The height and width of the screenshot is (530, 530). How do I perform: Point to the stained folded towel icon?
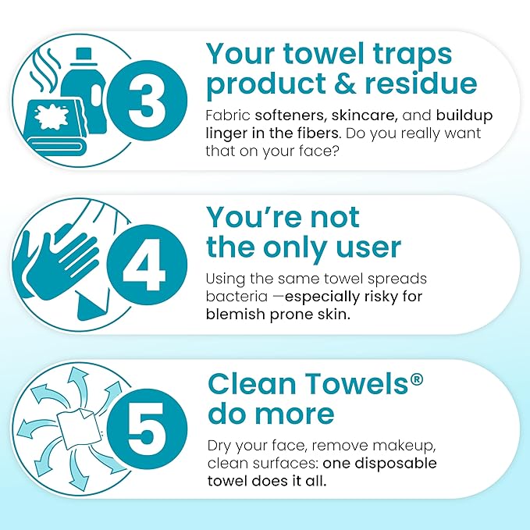[x=57, y=124]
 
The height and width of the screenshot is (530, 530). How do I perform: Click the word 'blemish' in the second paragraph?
[x=236, y=313]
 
